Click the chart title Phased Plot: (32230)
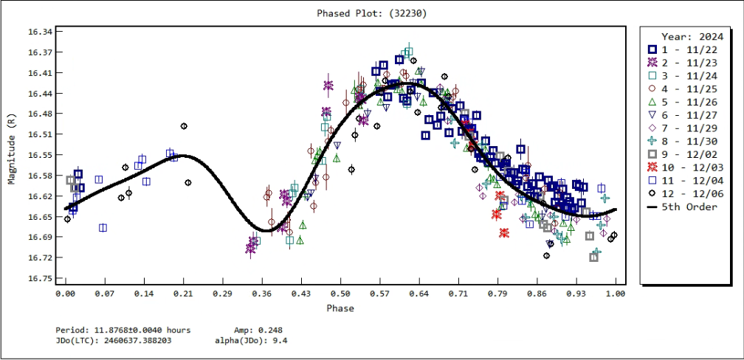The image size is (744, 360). (x=371, y=13)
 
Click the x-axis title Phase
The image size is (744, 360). (x=340, y=308)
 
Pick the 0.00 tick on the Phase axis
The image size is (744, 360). (x=66, y=294)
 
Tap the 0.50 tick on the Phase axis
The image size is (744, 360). (x=340, y=294)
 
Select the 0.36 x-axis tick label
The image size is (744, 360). (x=261, y=294)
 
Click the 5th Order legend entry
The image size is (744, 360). (x=689, y=207)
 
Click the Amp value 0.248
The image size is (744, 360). (x=269, y=330)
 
